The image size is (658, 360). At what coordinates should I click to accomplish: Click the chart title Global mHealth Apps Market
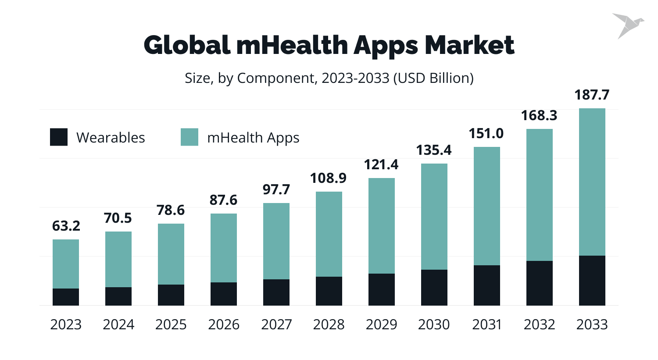(329, 45)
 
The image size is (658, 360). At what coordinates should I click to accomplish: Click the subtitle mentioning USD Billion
(329, 78)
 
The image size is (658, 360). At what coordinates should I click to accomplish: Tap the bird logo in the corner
(628, 25)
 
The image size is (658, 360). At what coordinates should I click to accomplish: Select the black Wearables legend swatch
(59, 137)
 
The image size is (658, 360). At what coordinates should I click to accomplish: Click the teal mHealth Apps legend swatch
(190, 137)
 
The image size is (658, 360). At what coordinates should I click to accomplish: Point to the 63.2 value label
(66, 226)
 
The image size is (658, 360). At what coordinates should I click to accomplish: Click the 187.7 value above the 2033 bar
(592, 95)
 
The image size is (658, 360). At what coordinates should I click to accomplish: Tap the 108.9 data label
(328, 178)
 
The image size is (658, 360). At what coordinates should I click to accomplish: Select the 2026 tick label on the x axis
(224, 324)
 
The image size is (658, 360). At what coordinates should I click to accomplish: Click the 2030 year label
(434, 324)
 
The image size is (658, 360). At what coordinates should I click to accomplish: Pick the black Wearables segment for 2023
(66, 297)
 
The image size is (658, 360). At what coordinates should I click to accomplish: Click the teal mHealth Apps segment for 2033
(592, 182)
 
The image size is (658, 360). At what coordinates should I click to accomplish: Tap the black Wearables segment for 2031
(486, 285)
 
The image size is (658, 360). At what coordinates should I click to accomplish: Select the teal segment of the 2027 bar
(276, 241)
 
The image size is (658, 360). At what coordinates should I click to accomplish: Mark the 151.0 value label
(486, 133)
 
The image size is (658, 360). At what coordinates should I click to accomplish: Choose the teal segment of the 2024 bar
(118, 259)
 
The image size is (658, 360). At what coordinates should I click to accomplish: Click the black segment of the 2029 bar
(382, 289)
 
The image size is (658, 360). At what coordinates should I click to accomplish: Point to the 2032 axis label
(539, 324)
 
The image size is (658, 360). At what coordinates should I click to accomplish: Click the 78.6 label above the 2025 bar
(171, 210)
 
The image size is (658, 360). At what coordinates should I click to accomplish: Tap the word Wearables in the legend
(111, 138)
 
